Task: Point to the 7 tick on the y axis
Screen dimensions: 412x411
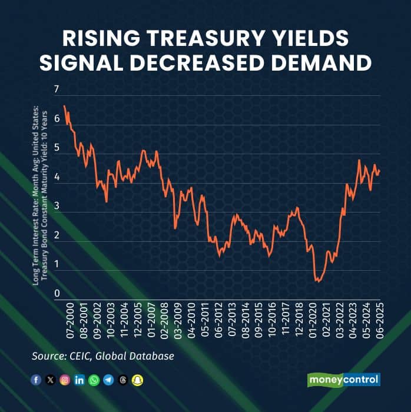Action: [x=57, y=89]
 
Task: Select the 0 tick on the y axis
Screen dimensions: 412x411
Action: [x=57, y=294]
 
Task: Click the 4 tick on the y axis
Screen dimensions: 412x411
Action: [x=57, y=177]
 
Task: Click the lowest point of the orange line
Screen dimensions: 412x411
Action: [x=317, y=282]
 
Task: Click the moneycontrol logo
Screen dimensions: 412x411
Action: [x=344, y=380]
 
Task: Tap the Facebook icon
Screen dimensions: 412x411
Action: [x=37, y=380]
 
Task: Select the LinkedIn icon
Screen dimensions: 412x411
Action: [x=79, y=380]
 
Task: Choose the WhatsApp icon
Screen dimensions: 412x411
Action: [x=94, y=380]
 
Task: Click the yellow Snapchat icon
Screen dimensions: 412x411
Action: [x=137, y=380]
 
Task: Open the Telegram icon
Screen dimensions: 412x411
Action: [x=108, y=380]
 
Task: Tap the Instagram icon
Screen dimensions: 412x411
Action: [x=65, y=380]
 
